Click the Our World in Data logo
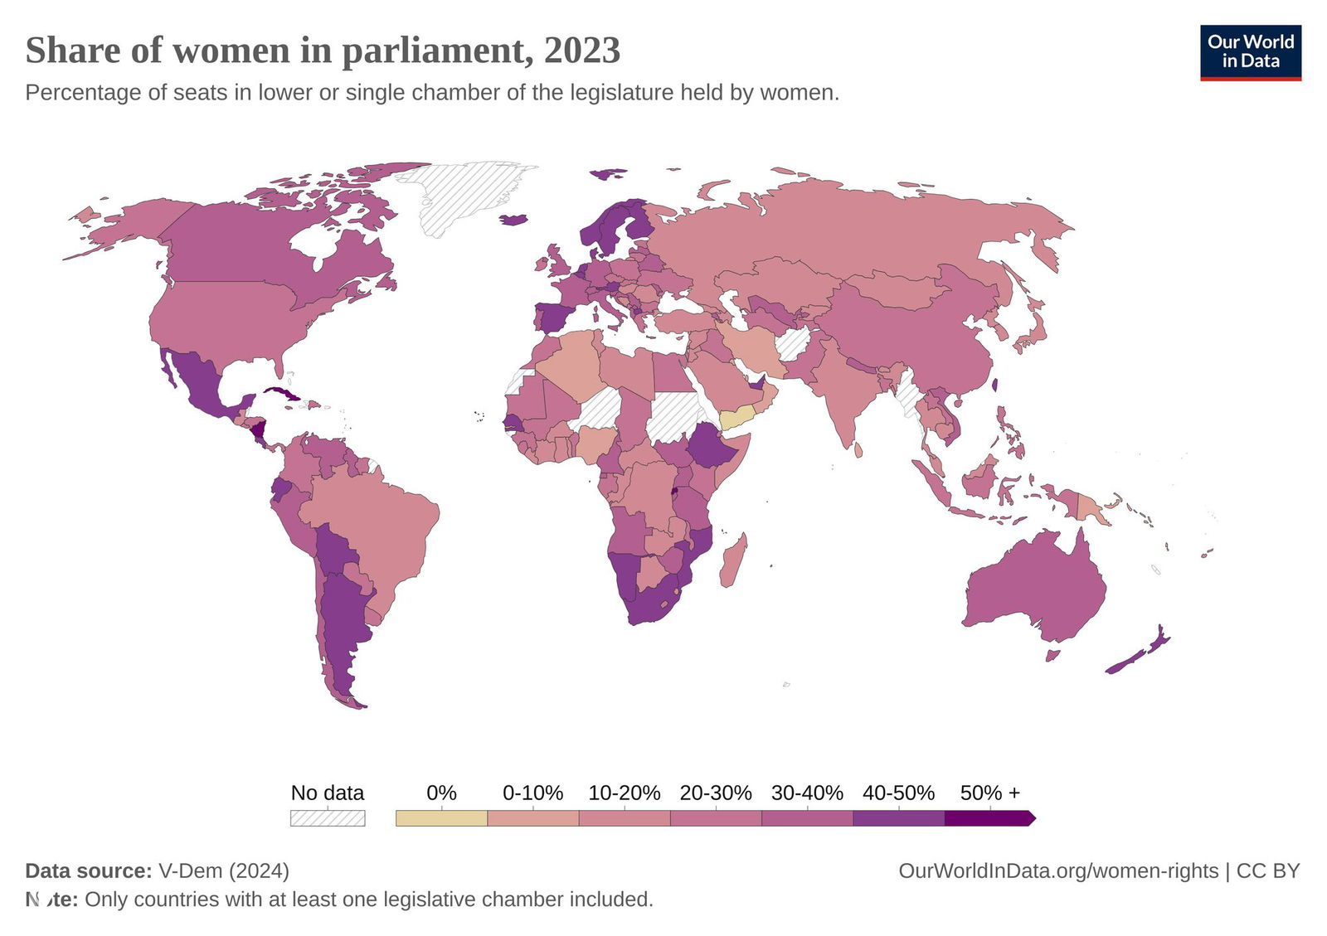point(1250,52)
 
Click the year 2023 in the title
point(581,51)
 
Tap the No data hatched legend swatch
point(327,818)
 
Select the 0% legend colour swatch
point(441,818)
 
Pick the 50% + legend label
point(989,793)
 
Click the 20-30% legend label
point(715,793)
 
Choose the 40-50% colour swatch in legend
point(898,818)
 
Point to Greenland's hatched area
point(464,195)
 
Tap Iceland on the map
point(514,220)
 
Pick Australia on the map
point(1037,589)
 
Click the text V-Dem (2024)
point(224,871)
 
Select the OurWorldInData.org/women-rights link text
point(1058,871)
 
